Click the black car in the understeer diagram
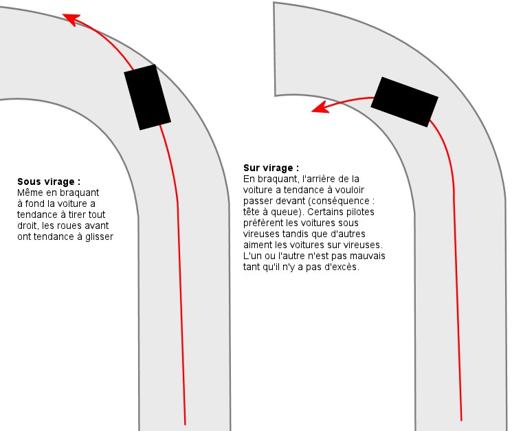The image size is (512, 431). [147, 98]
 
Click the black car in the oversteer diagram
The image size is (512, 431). [404, 102]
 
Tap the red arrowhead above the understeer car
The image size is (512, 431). [71, 19]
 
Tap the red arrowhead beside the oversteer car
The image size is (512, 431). [320, 107]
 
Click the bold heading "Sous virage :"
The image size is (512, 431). [49, 181]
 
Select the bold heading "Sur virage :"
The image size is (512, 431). [271, 168]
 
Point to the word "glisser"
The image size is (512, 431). [99, 236]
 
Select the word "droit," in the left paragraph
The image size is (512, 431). [28, 225]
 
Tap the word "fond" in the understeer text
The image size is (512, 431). [34, 203]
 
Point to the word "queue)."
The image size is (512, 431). [288, 212]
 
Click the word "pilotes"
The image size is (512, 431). [360, 212]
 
